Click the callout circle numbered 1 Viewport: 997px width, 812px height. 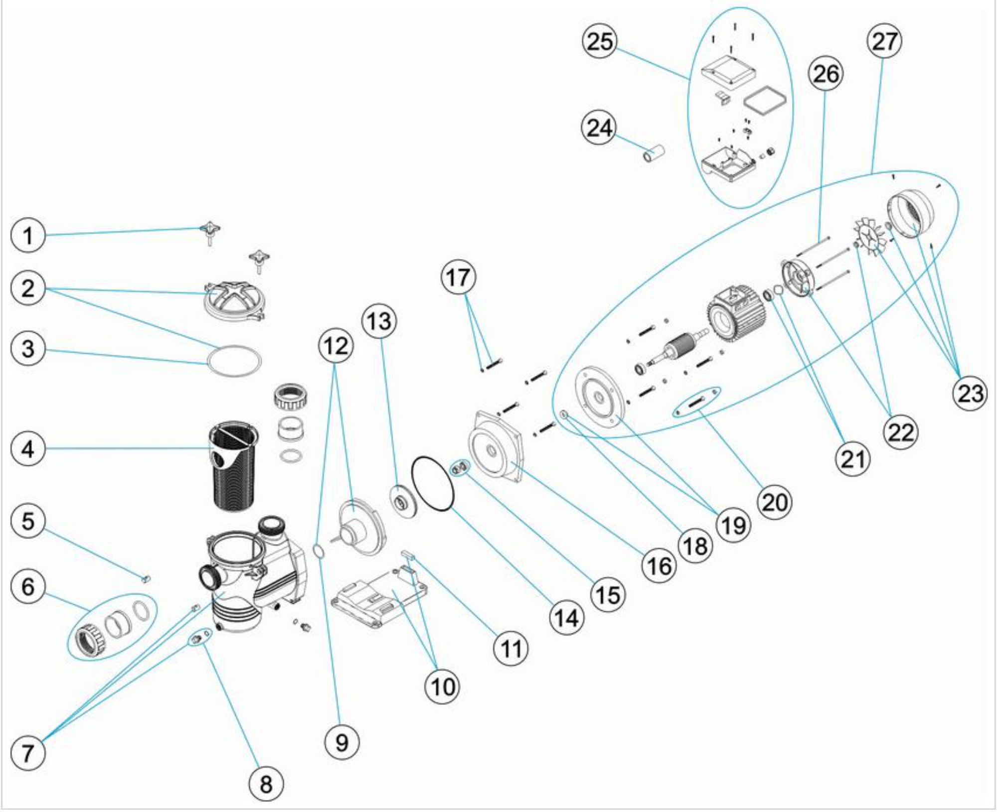pyautogui.click(x=28, y=235)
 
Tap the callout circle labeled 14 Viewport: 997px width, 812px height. pyautogui.click(x=567, y=618)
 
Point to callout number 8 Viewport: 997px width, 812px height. pyautogui.click(x=266, y=784)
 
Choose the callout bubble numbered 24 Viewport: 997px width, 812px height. pyautogui.click(x=599, y=128)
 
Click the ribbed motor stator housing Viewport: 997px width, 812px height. pyautogui.click(x=735, y=315)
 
